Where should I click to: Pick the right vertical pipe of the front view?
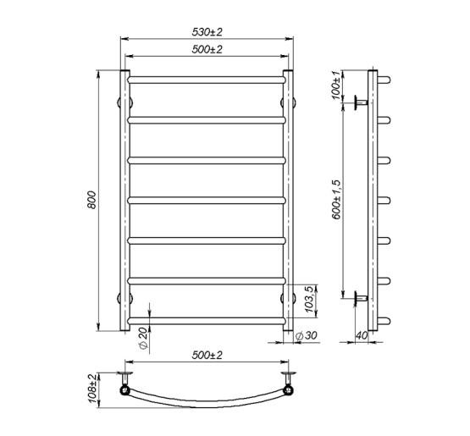(x=289, y=200)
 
